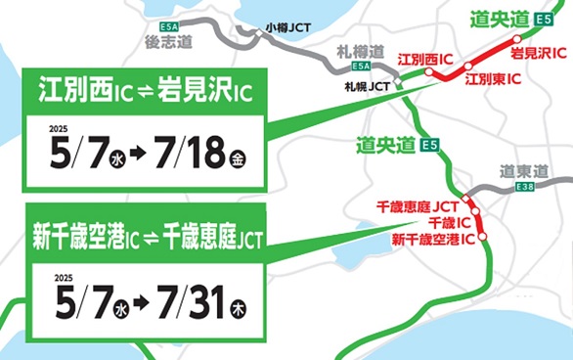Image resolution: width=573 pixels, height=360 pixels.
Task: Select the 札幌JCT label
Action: click(368, 87)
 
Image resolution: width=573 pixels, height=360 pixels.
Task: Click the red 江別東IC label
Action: click(490, 76)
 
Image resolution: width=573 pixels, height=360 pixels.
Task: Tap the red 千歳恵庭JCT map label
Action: click(416, 207)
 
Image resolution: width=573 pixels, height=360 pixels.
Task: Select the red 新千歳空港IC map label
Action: click(433, 239)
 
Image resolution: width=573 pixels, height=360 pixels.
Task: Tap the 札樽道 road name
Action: click(362, 51)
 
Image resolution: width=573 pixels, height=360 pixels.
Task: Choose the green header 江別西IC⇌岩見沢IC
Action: click(144, 95)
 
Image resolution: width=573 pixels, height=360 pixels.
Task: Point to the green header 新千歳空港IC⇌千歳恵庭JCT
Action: click(148, 238)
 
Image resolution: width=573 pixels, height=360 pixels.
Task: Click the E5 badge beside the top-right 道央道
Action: click(543, 17)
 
